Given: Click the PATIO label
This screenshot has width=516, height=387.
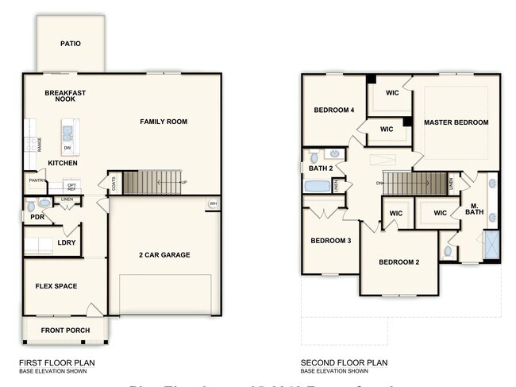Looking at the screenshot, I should (x=71, y=44).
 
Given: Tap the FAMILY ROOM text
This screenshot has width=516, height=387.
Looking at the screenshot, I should (x=164, y=122).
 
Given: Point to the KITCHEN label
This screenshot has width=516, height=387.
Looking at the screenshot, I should (x=63, y=163).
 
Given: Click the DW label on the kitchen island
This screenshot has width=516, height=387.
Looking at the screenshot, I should (x=67, y=148).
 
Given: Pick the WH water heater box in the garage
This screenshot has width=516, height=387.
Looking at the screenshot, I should (x=212, y=203).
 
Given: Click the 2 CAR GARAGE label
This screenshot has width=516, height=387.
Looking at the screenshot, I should (x=164, y=255).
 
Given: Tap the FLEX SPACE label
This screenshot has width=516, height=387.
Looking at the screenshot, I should (x=56, y=286).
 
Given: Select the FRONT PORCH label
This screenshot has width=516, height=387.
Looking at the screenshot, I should (x=65, y=331).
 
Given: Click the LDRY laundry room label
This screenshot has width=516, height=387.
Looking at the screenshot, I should (x=67, y=242).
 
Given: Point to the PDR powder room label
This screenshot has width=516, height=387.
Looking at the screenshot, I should (x=37, y=217).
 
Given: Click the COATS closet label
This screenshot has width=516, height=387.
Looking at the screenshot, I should (x=113, y=183).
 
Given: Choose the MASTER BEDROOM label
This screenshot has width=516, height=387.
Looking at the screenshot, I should (x=456, y=122).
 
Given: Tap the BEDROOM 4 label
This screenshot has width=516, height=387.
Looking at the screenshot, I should (x=333, y=110).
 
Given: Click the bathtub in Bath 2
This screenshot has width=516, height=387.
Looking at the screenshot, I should (x=318, y=187).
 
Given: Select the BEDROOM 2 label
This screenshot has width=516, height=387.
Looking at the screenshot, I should (x=399, y=262).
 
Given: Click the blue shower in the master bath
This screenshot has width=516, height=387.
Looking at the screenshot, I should (x=492, y=244).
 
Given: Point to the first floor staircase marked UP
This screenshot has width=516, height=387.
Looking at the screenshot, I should (x=154, y=183).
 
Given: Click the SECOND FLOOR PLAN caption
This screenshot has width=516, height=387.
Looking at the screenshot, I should (x=344, y=362).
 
